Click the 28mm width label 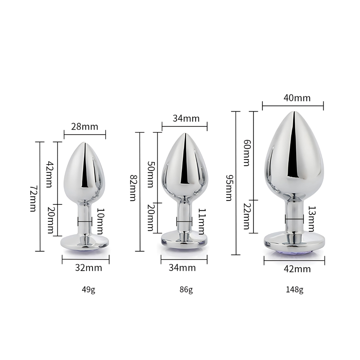pos(85,126)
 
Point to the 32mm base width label pos(89,267)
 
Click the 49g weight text pos(89,290)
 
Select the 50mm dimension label pos(151,175)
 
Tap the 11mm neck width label pos(202,221)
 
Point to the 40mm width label pos(297,98)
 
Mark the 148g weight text pos(295,290)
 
